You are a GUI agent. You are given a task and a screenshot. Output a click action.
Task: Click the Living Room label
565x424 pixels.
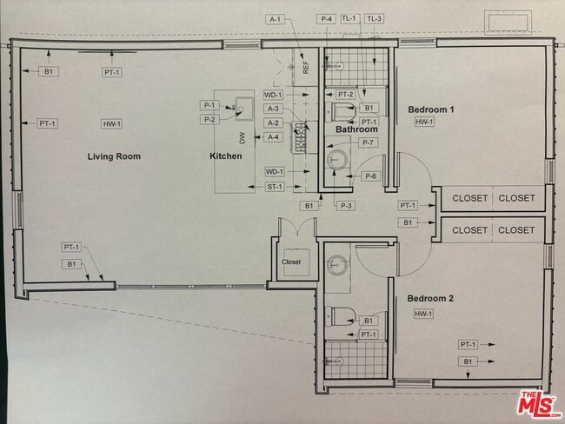tap(114, 156)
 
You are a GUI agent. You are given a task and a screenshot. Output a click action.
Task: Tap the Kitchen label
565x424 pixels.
tap(225, 156)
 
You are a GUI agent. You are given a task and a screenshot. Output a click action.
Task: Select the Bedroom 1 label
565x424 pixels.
tap(431, 109)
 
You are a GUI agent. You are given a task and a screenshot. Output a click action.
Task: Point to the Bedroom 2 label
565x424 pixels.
tap(431, 298)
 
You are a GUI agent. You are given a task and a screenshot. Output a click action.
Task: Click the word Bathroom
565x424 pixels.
tap(357, 129)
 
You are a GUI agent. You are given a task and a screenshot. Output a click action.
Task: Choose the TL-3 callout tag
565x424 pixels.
tap(374, 18)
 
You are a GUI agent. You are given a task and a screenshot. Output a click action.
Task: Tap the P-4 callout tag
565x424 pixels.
tap(327, 18)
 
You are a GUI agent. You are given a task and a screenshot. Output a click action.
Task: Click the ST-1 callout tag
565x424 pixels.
tap(274, 187)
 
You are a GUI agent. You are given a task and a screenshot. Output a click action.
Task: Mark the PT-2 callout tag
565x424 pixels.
tap(345, 94)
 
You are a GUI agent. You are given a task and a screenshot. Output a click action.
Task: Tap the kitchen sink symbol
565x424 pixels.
tap(244, 108)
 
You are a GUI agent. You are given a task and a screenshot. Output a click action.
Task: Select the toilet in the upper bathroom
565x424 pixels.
tap(342, 110)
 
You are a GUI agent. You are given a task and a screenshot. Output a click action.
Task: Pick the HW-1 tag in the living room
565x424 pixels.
tap(111, 124)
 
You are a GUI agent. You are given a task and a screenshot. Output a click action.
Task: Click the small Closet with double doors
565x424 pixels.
tap(291, 261)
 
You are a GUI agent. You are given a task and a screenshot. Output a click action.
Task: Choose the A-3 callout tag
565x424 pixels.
tap(274, 109)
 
